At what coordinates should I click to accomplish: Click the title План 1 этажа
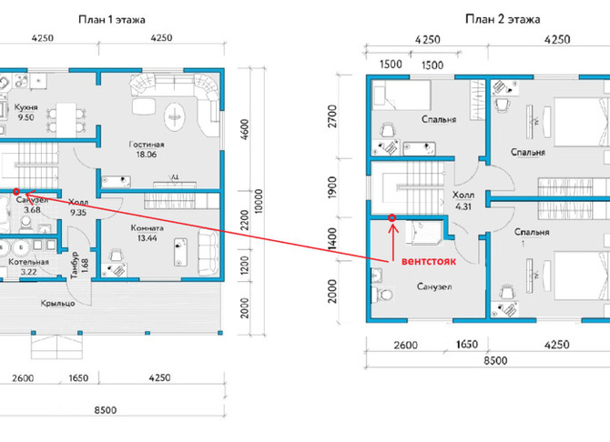[x=112, y=19]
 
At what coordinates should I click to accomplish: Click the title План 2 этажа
[x=503, y=19]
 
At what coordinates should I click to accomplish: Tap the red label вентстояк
[x=428, y=261]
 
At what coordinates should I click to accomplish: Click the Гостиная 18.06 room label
[x=147, y=149]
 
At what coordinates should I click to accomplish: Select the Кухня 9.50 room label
[x=25, y=112]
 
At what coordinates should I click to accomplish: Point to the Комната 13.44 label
[x=147, y=233]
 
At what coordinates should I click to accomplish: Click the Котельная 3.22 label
[x=28, y=266]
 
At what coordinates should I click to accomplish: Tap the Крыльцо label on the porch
[x=57, y=303]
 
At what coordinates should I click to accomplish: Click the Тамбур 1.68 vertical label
[x=79, y=266]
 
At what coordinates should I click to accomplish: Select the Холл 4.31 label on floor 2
[x=463, y=200]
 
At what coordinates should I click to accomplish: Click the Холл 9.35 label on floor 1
[x=78, y=207]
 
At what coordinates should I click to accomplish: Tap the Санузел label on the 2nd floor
[x=434, y=286]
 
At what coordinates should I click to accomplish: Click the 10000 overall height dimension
[x=259, y=201]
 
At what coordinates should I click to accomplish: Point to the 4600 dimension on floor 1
[x=245, y=130]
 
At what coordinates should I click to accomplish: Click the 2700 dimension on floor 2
[x=332, y=116]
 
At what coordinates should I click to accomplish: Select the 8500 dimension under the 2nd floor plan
[x=495, y=361]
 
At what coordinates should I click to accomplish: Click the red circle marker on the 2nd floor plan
[x=392, y=218]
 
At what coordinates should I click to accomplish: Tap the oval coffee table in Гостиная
[x=175, y=116]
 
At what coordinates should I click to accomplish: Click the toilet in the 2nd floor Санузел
[x=382, y=295]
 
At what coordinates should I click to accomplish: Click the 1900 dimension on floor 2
[x=331, y=187]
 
